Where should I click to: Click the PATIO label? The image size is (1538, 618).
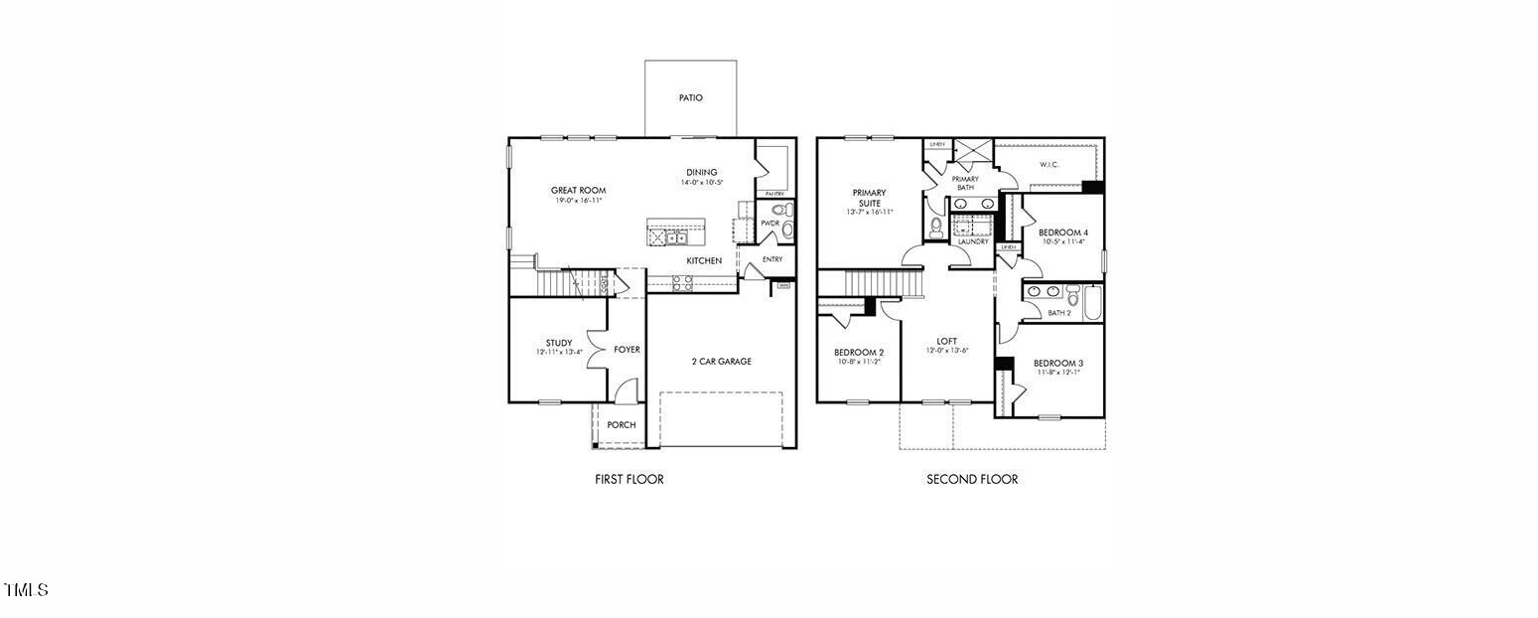click(691, 97)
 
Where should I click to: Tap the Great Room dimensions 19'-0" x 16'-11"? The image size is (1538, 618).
click(578, 201)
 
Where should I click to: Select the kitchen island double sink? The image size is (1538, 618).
click(677, 237)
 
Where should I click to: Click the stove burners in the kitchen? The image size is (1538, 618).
click(682, 282)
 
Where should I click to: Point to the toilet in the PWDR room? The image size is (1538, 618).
click(778, 210)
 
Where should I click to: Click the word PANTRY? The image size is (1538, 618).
click(774, 194)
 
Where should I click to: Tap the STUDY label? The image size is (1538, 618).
click(558, 343)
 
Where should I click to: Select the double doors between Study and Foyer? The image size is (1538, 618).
click(594, 350)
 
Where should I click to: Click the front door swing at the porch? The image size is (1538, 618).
click(624, 392)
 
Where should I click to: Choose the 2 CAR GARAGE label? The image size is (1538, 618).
click(721, 362)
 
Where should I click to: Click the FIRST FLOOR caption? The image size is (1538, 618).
click(629, 479)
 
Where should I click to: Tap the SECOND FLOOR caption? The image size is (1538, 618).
click(971, 479)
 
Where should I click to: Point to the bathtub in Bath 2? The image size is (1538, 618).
click(1092, 303)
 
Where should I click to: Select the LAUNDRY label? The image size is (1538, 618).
click(972, 241)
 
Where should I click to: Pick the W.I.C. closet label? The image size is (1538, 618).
click(1049, 164)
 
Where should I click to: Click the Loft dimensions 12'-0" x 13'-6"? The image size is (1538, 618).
click(946, 351)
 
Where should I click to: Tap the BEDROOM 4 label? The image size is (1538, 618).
click(1062, 232)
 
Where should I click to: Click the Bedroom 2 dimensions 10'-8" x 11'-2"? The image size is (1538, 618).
click(858, 362)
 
